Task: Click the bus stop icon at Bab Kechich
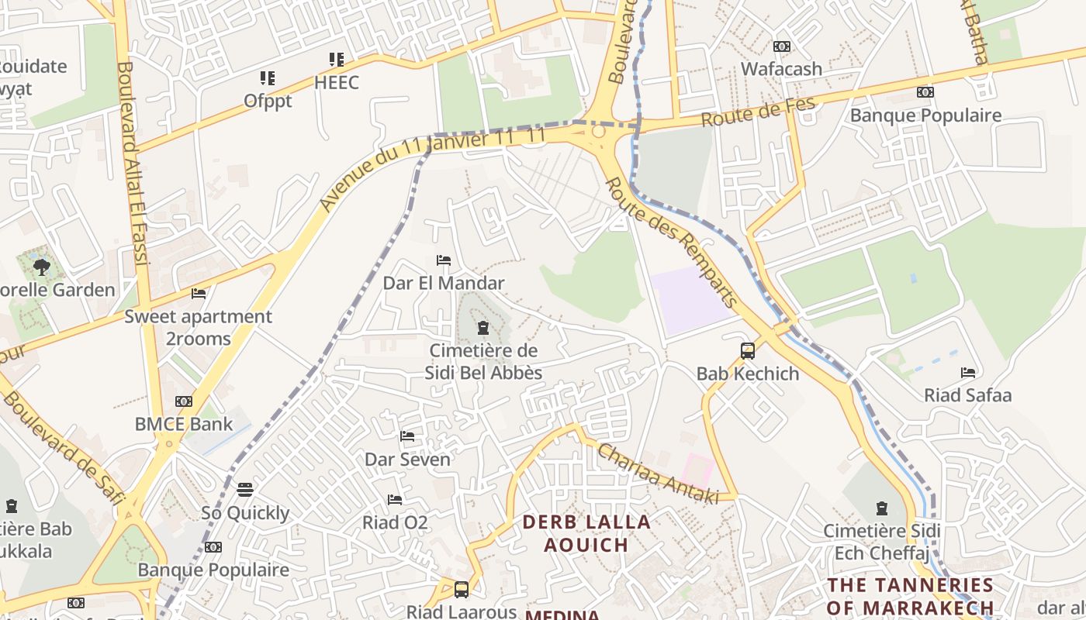point(748,351)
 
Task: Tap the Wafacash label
point(781,69)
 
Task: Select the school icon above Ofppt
point(268,78)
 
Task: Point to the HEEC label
point(337,82)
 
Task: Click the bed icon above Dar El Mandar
point(444,260)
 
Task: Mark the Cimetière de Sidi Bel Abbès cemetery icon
point(483,328)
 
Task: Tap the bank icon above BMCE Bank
point(184,401)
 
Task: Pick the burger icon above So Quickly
point(245,490)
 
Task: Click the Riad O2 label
point(395,523)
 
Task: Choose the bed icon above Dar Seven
point(407,436)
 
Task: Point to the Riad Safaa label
point(967,395)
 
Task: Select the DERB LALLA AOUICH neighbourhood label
point(586,533)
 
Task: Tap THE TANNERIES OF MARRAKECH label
point(910,595)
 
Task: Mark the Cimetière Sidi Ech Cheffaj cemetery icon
point(881,508)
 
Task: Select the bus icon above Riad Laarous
point(462,590)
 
